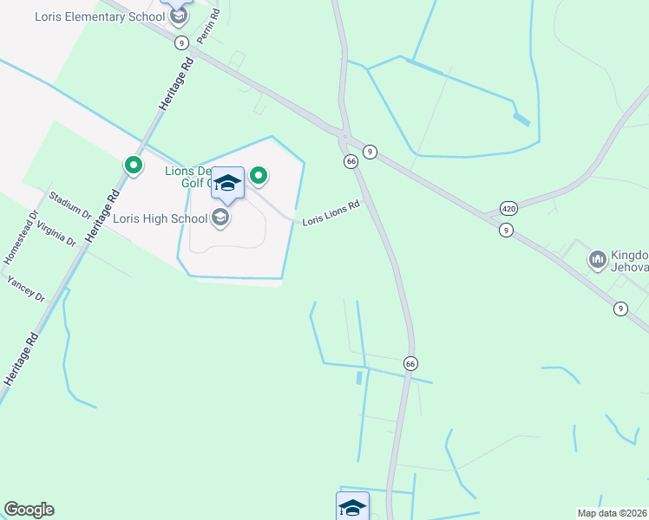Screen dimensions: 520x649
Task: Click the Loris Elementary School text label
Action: point(99,16)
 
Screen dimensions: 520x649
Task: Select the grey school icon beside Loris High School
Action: point(220,218)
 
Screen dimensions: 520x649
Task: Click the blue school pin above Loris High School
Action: point(227,183)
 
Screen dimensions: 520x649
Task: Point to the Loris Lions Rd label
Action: point(331,214)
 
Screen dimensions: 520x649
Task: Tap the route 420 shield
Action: point(508,209)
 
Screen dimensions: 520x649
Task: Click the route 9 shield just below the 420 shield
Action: point(506,230)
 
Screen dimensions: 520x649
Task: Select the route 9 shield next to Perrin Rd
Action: point(180,42)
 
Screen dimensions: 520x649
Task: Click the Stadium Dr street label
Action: point(69,205)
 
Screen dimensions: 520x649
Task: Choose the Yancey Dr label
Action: point(25,287)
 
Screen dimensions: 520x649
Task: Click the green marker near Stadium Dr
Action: point(134,164)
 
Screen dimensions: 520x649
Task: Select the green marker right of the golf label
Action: point(259,177)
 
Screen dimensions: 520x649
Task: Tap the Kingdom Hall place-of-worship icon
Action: point(597,259)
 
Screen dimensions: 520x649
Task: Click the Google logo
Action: point(29,510)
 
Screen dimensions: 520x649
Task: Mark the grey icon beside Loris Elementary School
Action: point(178,16)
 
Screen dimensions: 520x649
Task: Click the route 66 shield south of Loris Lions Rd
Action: point(410,362)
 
